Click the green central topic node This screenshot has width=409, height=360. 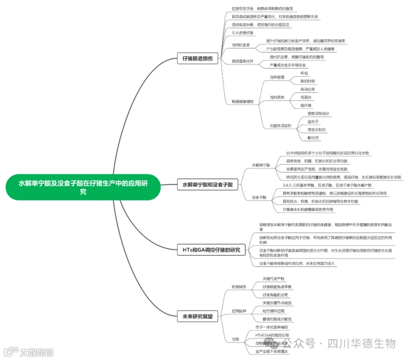(x=83, y=187)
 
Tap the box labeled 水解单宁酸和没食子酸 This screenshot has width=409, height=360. (x=208, y=185)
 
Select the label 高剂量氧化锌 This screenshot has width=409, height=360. (x=243, y=61)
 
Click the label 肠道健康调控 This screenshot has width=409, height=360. (x=243, y=101)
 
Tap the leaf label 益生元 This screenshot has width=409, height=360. (x=313, y=121)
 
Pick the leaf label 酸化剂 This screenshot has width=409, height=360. (x=313, y=137)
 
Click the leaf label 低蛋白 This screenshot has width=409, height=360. (x=306, y=97)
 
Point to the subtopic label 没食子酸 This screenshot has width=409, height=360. (x=259, y=197)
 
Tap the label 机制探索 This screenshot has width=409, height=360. (x=239, y=287)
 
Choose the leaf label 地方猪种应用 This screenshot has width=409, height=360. (x=274, y=311)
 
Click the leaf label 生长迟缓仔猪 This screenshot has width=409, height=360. (x=243, y=33)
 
